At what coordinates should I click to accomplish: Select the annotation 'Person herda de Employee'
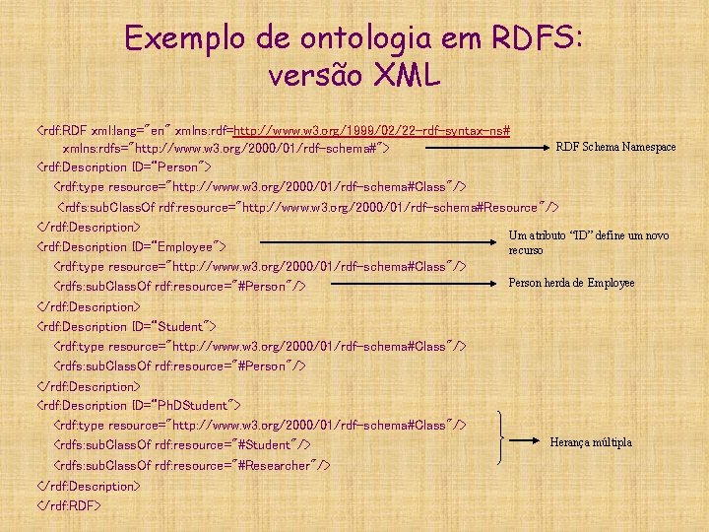571,283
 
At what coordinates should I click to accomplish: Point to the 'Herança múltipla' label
591,442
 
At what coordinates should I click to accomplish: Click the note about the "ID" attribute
588,242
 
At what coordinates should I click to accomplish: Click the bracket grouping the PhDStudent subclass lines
505,437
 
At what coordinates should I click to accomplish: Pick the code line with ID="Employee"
132,246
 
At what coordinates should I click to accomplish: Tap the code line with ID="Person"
124,166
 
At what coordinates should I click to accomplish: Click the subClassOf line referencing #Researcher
192,465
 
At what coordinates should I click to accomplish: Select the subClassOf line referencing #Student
182,445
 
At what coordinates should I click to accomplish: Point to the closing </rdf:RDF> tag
68,505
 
